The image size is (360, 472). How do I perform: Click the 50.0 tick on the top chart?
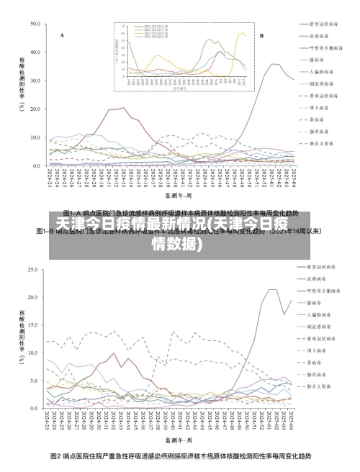[x=35, y=24]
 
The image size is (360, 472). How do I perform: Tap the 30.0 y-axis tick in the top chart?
[x=35, y=81]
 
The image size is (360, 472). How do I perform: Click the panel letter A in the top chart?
[x=62, y=35]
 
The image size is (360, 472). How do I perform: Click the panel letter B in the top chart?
[x=261, y=35]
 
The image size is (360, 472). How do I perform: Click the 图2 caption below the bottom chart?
[x=180, y=456]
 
